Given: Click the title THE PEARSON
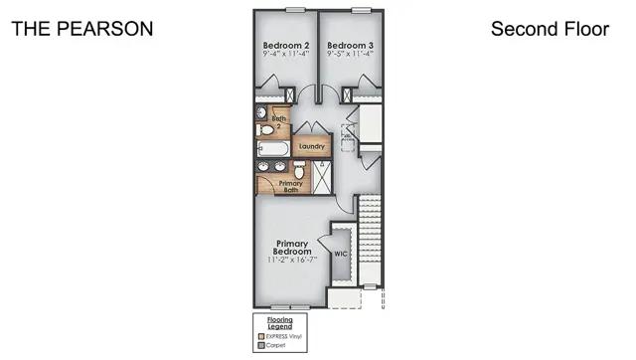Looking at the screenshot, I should point(82,29).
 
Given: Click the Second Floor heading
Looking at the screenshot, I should point(550,29).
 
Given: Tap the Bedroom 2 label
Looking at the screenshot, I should point(285,46).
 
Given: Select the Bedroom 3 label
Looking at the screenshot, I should point(350,46).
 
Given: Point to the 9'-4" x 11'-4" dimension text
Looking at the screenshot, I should point(285,56).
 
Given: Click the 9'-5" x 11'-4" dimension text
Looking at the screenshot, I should point(350,56).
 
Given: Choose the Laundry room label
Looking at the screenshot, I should point(310,148).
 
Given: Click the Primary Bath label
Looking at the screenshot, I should point(290,185).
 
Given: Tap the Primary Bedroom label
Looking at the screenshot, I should point(292,248).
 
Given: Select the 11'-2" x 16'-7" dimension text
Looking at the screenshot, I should point(292,261).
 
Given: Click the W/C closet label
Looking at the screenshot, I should point(341,255).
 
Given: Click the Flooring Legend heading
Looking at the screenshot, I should point(279,322).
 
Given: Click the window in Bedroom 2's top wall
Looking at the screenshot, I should point(294,10).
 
